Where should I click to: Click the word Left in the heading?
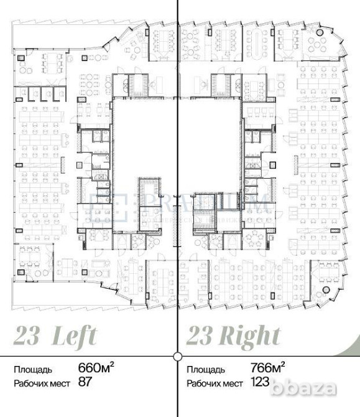point(74,336)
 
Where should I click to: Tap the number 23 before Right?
point(199,336)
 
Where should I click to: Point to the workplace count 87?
point(85,382)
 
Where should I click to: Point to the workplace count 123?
point(261,382)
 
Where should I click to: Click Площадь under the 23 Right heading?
point(204,368)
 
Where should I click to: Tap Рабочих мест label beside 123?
point(215,383)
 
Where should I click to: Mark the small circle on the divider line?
point(178,357)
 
